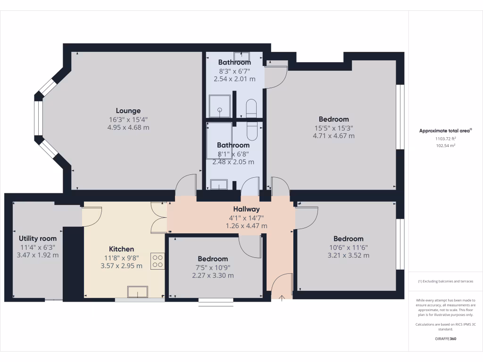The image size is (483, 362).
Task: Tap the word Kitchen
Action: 121,249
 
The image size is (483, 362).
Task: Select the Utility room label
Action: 38,239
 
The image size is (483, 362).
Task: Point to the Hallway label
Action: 246,209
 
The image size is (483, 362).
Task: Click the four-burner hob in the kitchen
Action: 158,261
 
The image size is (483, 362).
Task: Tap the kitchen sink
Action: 138,292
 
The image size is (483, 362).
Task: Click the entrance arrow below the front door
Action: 282,297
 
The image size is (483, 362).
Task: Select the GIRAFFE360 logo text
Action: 445,339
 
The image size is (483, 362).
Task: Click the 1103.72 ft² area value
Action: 445,139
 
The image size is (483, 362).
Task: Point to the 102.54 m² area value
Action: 445,146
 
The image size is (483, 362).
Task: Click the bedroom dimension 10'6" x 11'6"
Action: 348,247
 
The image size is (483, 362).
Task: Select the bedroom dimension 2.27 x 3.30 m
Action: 213,275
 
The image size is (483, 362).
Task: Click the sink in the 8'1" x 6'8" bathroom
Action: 219,184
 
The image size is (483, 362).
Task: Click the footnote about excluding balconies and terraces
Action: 445,281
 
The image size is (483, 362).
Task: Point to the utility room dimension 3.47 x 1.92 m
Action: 38,255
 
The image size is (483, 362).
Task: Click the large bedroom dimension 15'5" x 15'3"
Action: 333,128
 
